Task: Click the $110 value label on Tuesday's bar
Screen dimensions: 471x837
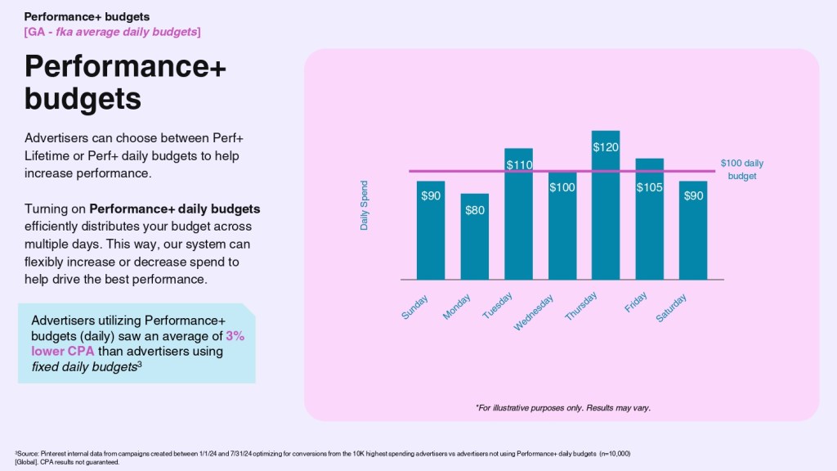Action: click(519, 165)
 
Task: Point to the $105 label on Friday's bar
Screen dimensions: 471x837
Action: click(650, 188)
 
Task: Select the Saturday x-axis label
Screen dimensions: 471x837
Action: click(672, 307)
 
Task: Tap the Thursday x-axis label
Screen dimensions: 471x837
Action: click(582, 306)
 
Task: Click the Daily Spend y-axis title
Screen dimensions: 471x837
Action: click(365, 205)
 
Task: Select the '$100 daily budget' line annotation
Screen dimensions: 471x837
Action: click(742, 169)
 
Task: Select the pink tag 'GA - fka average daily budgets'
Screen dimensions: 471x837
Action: click(113, 31)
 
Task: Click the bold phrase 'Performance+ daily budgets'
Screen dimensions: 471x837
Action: click(174, 210)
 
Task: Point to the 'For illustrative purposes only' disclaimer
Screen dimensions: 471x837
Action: click(563, 407)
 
